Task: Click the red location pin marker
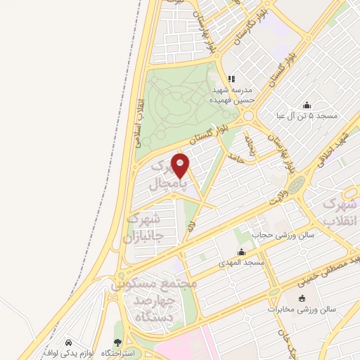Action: pyautogui.click(x=181, y=167)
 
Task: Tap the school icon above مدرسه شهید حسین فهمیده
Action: pyautogui.click(x=231, y=79)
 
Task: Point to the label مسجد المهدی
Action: pyautogui.click(x=242, y=262)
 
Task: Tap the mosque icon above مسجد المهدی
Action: pyautogui.click(x=242, y=252)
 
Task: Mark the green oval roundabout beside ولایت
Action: pyautogui.click(x=297, y=185)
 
